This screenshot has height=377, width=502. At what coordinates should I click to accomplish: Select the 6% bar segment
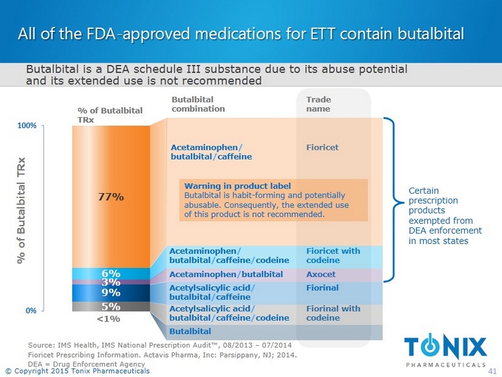pos(110,273)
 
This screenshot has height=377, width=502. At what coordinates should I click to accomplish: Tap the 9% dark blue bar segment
pos(110,292)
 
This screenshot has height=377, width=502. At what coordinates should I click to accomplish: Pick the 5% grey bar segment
pos(110,306)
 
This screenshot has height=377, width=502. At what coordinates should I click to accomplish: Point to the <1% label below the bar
pos(108,319)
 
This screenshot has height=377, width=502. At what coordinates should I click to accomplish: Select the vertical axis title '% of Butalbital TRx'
pos(21,211)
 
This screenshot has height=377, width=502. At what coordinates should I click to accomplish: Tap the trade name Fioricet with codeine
pos(333,256)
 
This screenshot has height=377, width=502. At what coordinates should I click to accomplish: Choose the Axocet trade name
pos(321,275)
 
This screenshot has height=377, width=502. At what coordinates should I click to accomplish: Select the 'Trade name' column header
pos(318,104)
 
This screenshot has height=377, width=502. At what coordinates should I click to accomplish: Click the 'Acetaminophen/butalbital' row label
pos(226,275)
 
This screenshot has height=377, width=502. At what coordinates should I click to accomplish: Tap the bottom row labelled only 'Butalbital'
pos(190,332)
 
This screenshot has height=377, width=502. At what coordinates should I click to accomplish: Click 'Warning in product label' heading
pos(237,186)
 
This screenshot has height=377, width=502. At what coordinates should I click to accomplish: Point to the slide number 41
pos(492,371)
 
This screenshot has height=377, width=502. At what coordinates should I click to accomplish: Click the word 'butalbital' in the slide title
pos(430,34)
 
